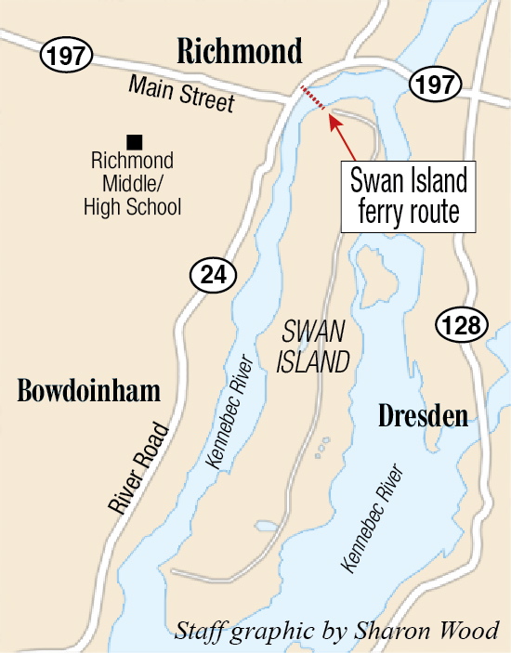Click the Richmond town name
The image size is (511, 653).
[241, 50]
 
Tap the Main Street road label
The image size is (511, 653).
[182, 95]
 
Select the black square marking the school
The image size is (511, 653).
[135, 142]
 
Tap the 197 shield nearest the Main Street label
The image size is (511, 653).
[67, 56]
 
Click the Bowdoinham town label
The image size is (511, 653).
[89, 392]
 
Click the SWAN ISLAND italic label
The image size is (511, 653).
[312, 346]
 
